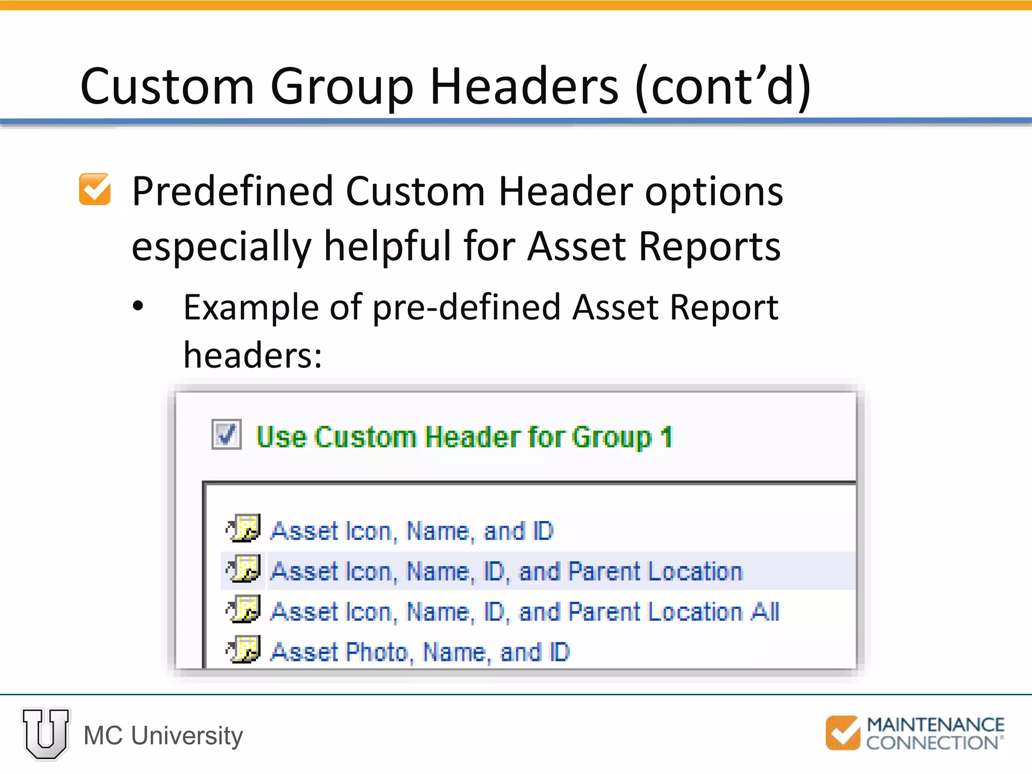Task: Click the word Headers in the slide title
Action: coord(524,87)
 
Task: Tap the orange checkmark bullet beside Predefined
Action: coord(95,189)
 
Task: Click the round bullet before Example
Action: coord(138,306)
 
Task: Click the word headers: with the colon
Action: coord(252,355)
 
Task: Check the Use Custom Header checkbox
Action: coord(226,434)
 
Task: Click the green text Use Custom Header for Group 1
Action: coord(464,437)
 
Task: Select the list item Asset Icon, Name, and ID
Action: coord(412,531)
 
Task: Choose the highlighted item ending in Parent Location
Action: coord(506,571)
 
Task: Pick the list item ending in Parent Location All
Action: coord(525,612)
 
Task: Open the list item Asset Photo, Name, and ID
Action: coord(420,652)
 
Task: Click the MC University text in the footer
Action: coord(163,736)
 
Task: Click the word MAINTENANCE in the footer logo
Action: coord(935,725)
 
